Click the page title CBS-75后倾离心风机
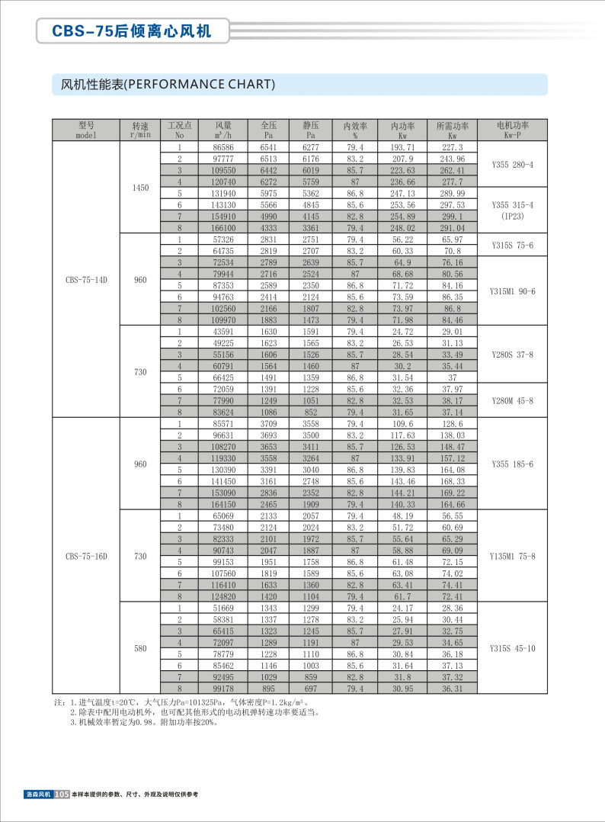click(130, 31)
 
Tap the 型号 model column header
click(86, 130)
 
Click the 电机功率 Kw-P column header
click(512, 130)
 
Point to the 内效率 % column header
click(355, 130)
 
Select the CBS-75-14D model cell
click(86, 279)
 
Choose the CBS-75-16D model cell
click(86, 556)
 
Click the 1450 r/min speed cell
click(140, 187)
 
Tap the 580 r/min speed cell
click(140, 648)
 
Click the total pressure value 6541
click(269, 147)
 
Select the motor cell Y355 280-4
click(512, 164)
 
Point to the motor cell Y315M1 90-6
click(512, 291)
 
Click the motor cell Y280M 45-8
click(512, 400)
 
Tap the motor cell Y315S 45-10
click(512, 648)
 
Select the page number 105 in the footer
click(62, 795)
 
